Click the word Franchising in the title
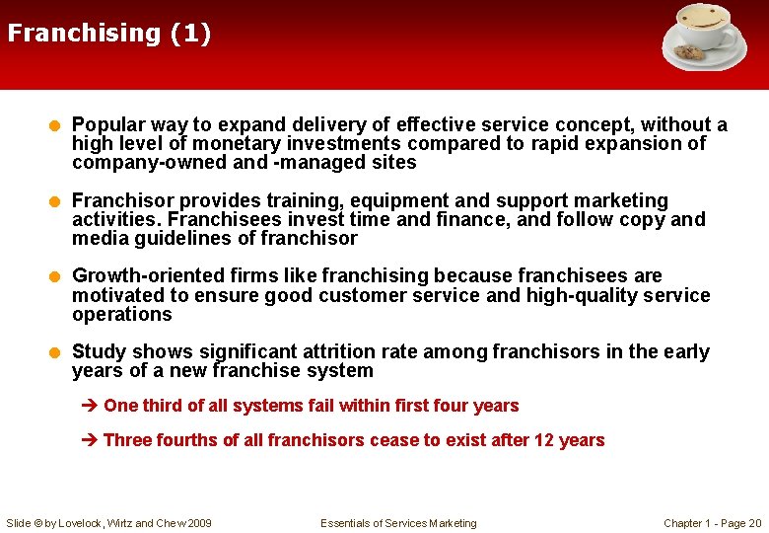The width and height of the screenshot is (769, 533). [83, 34]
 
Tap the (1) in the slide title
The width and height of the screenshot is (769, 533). [189, 34]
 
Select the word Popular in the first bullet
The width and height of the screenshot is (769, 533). [108, 124]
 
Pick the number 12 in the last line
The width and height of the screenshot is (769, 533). [543, 440]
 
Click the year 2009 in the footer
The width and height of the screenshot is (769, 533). [197, 523]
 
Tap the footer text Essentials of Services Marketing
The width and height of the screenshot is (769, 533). [398, 523]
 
